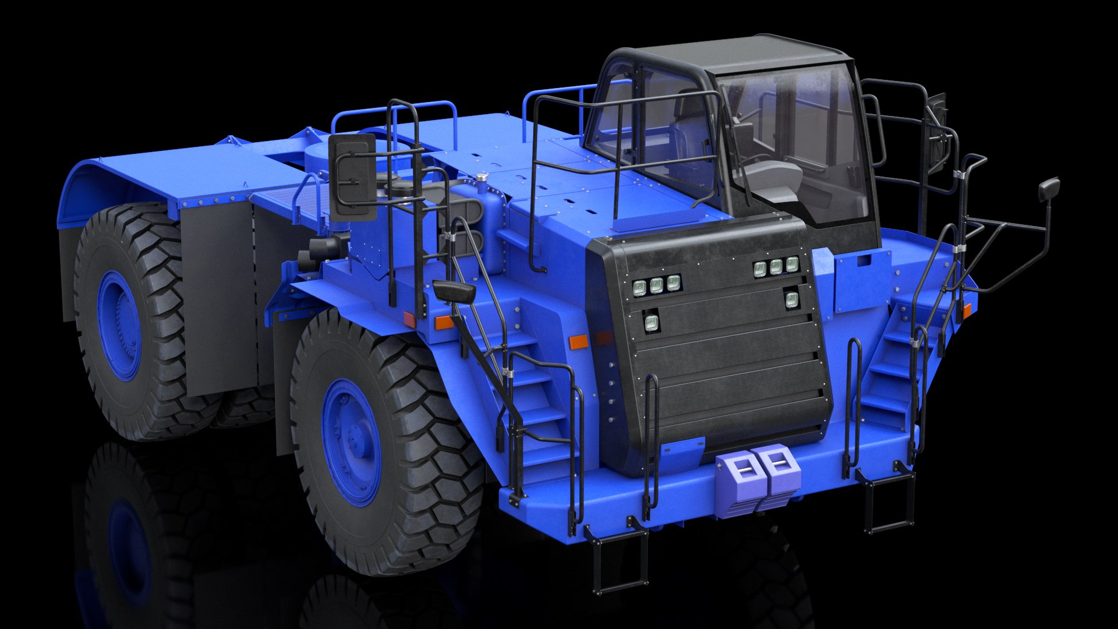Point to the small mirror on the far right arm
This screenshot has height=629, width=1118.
(x=1049, y=189)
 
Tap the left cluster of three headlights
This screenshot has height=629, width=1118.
(x=656, y=285)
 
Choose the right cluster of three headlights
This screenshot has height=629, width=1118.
(x=776, y=267)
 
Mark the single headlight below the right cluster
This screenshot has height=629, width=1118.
(x=792, y=300)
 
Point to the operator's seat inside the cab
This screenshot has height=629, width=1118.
(x=769, y=175)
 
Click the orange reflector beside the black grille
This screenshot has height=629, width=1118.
(x=579, y=342)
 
